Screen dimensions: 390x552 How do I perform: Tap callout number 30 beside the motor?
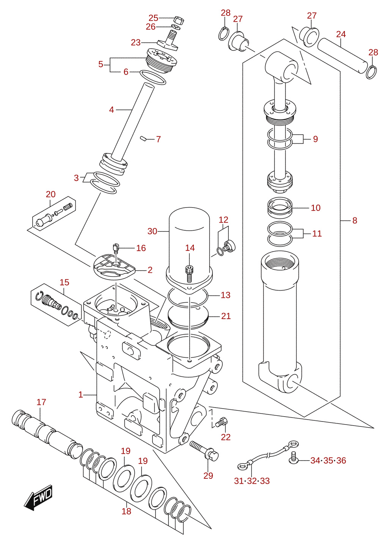point(152,231)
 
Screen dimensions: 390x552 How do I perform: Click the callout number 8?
point(354,220)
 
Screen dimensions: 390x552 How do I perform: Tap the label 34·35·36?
point(328,460)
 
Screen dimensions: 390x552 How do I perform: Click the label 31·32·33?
point(252,481)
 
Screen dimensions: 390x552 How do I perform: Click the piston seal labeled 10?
point(280,208)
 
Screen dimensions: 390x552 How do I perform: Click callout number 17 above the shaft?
point(41,402)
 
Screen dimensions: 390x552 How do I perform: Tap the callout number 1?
point(80,395)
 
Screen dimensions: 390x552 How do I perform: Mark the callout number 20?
point(50,194)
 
